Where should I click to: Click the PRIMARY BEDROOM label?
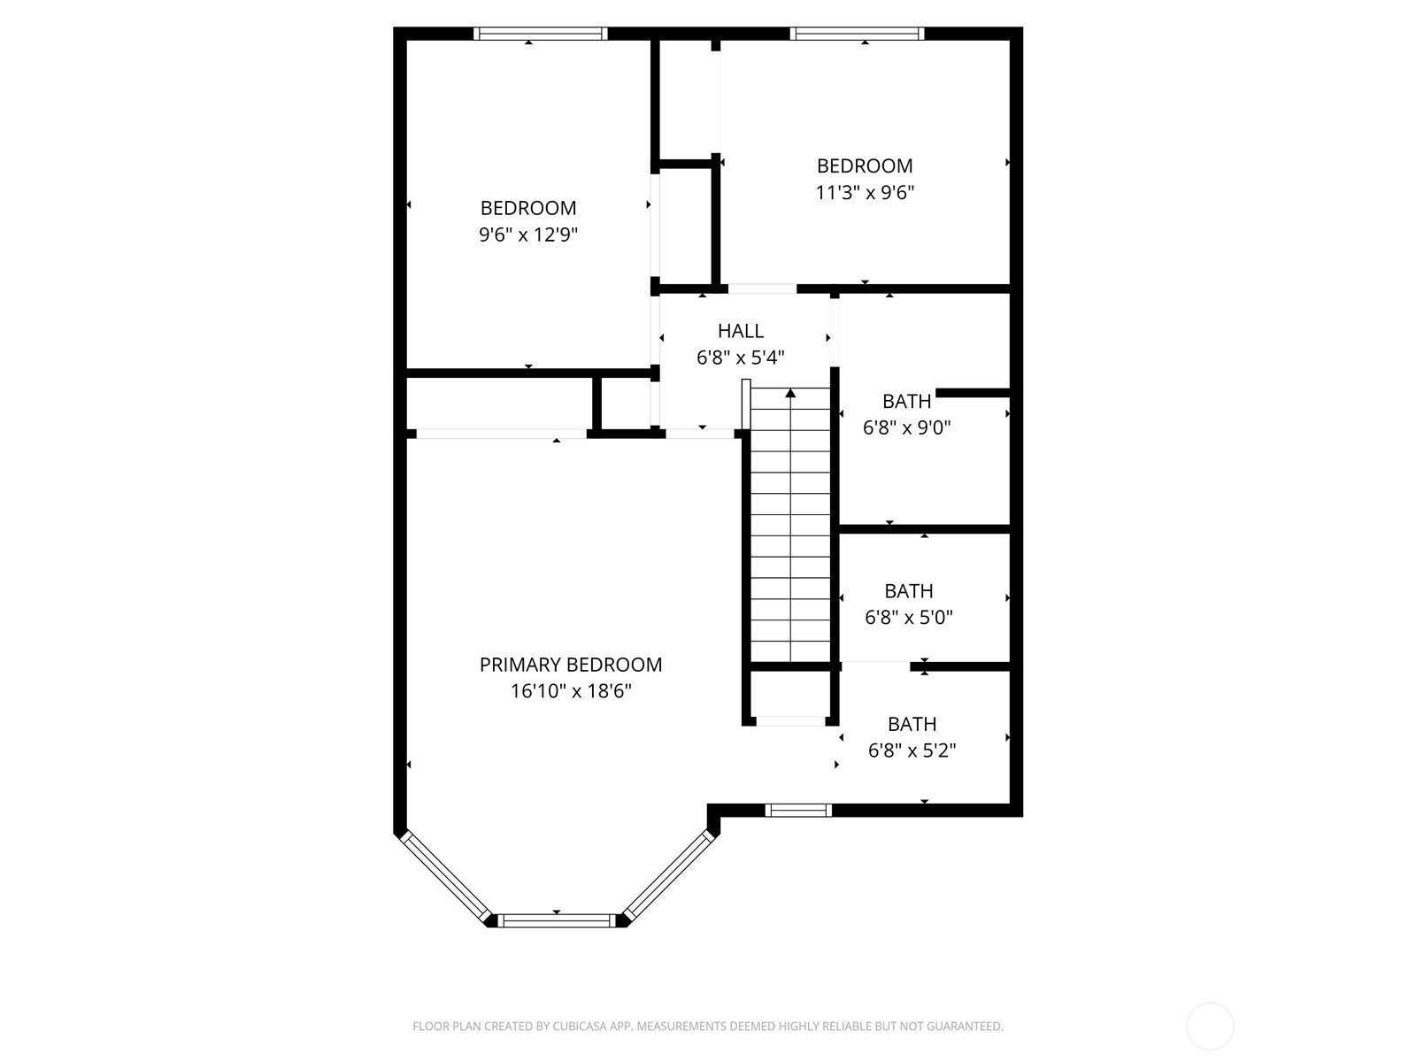click(570, 665)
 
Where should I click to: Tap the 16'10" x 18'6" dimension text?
click(570, 691)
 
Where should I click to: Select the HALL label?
click(740, 331)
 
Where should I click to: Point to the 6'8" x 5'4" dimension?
click(740, 358)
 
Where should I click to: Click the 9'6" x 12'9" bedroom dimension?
click(528, 235)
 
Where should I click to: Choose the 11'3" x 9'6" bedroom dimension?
click(864, 192)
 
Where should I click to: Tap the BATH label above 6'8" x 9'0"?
click(906, 401)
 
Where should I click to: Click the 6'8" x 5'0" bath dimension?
click(908, 617)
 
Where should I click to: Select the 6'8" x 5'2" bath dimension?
click(912, 750)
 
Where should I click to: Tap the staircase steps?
click(790, 531)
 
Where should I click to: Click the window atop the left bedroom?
click(540, 34)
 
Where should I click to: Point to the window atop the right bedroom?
click(857, 34)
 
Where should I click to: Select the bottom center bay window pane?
click(558, 921)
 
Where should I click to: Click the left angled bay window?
click(445, 877)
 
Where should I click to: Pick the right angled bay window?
click(669, 875)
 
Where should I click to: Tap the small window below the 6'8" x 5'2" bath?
click(798, 810)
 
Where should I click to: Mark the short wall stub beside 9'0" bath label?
click(972, 393)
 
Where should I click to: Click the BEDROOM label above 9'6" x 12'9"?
click(528, 208)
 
